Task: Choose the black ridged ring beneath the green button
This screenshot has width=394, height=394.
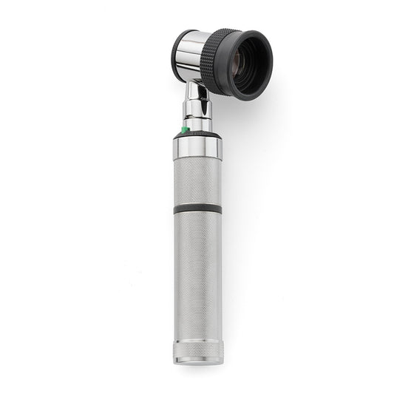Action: click(198, 135)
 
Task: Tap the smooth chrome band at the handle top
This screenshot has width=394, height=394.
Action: click(197, 148)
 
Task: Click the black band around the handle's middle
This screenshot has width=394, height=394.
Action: click(197, 209)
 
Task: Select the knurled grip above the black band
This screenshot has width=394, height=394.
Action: click(197, 180)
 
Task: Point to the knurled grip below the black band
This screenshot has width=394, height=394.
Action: click(197, 274)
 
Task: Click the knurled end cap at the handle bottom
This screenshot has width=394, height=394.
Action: click(197, 349)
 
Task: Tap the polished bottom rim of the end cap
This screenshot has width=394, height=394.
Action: click(197, 361)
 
